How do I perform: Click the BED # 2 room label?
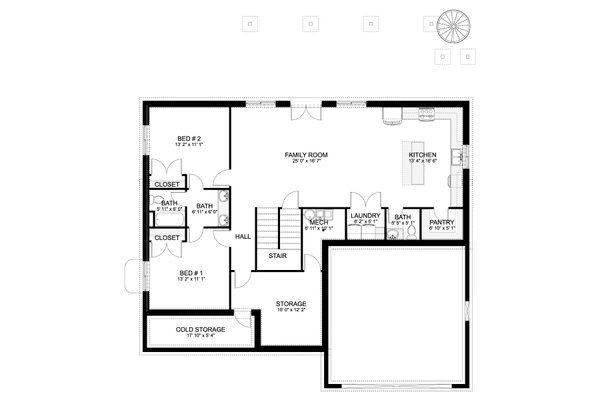pos(190,138)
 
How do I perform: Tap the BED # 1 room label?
pos(191,273)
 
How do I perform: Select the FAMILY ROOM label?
pos(306,154)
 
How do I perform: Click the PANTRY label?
pos(441,222)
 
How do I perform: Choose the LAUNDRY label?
pos(364,216)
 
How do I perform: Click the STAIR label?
pos(278,255)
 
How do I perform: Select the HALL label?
pos(242,237)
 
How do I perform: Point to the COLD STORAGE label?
pos(200,329)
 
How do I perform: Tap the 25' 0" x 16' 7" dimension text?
pos(306,162)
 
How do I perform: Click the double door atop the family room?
pos(306,110)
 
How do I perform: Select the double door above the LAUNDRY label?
pos(363,199)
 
